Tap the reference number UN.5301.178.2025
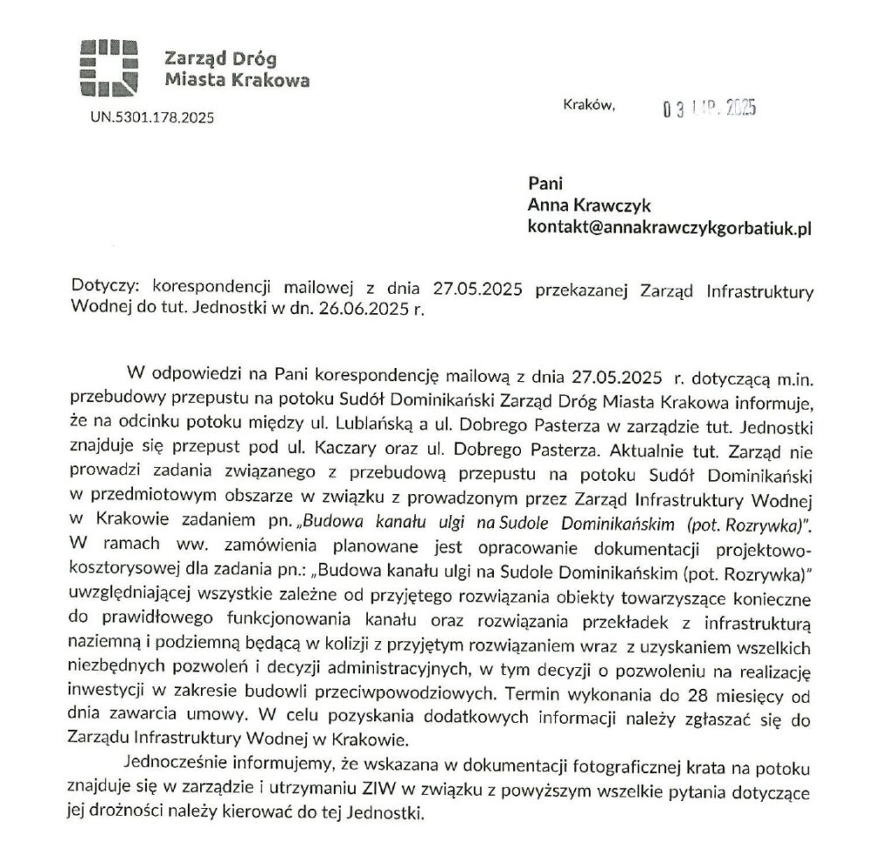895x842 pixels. point(151,115)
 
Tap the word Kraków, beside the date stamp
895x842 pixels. point(589,105)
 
